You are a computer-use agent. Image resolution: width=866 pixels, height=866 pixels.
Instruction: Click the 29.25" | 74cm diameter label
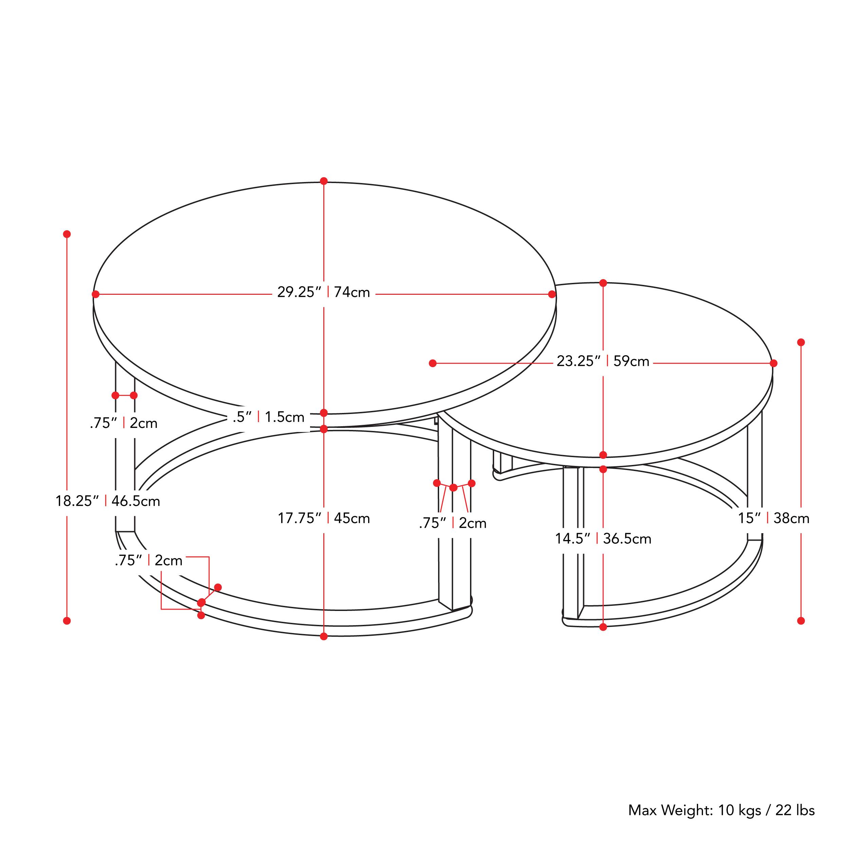coord(324,292)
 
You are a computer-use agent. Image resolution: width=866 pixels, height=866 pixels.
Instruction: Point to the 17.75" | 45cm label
coord(324,518)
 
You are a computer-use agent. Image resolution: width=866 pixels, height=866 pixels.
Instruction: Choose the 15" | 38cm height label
coord(774,518)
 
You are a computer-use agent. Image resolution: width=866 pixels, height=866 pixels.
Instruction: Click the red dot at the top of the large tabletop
coord(324,181)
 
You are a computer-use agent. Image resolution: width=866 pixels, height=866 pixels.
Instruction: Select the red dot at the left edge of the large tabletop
coord(95,294)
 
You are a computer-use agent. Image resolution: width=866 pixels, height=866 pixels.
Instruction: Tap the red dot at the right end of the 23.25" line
coord(774,363)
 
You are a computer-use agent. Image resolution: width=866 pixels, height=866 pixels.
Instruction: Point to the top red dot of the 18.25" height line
coord(67,234)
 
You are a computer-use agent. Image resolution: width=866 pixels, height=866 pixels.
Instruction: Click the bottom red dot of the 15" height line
coord(801,621)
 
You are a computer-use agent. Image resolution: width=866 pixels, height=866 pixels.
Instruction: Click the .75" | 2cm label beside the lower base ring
coord(149,560)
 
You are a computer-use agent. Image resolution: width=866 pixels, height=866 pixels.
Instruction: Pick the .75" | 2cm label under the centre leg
coord(453,523)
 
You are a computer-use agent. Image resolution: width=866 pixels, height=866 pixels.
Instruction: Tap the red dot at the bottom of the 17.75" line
coord(324,636)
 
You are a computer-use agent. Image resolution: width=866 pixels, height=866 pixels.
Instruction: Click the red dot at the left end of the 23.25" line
coord(433,363)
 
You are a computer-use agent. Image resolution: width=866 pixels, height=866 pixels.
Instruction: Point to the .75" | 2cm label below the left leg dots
coord(124,423)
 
